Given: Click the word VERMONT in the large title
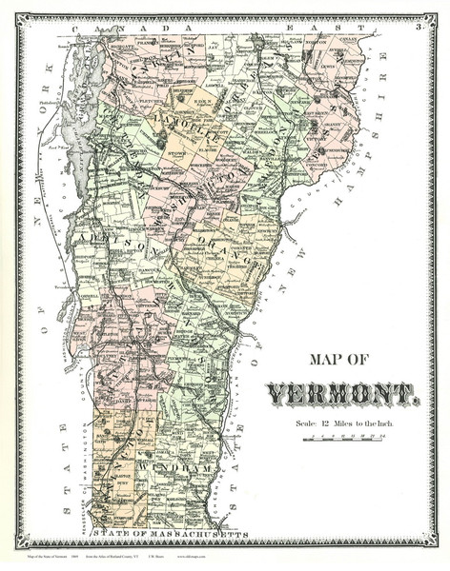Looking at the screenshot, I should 342,393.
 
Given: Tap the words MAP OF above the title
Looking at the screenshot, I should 345,361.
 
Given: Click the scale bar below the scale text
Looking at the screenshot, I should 343,439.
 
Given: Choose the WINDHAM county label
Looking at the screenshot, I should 170,469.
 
